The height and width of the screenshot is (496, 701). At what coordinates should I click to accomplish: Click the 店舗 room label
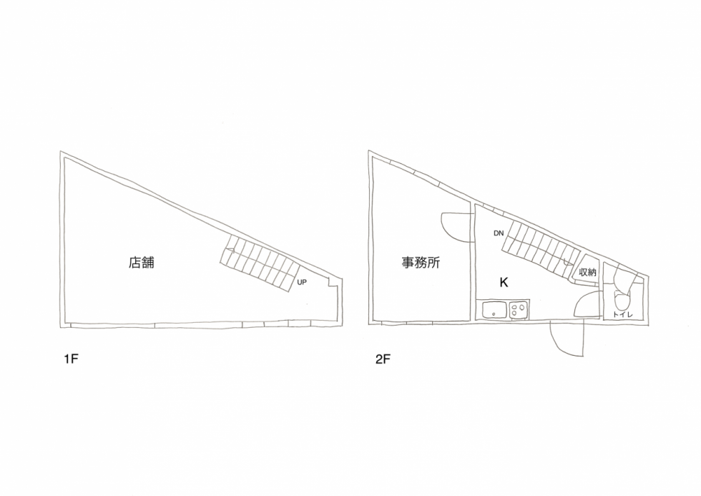[142, 263]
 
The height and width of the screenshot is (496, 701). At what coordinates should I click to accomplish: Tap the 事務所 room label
[421, 263]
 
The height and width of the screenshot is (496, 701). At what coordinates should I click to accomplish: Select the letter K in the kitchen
[504, 283]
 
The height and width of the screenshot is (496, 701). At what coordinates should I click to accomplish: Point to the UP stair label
[302, 282]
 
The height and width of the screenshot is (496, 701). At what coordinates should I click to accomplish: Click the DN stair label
[499, 233]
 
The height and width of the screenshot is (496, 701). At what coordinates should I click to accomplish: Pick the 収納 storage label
[587, 272]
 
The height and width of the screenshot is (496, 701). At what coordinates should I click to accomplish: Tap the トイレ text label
[623, 315]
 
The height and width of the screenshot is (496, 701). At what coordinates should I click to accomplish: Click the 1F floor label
[71, 359]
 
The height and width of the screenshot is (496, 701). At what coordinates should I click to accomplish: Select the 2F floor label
[383, 359]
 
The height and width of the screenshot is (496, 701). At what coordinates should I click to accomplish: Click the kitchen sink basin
[494, 310]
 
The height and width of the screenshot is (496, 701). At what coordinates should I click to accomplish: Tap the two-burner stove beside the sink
[519, 310]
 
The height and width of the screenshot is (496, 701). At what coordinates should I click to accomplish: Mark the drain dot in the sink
[494, 314]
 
